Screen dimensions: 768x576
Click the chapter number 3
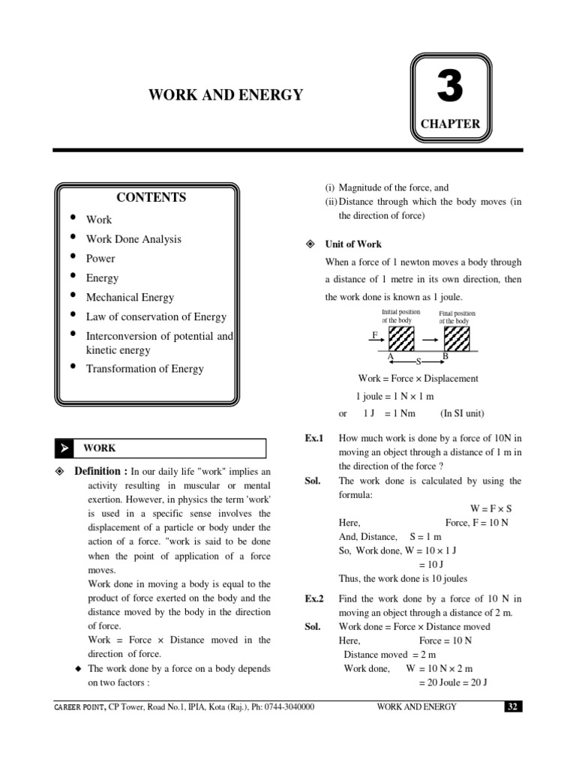click(450, 88)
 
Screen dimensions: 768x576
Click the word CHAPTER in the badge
click(450, 124)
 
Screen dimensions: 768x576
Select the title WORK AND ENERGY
click(226, 94)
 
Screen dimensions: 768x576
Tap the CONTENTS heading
click(151, 198)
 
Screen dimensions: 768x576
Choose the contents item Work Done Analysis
click(133, 239)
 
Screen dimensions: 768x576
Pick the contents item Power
click(100, 259)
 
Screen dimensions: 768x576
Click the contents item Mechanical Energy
click(130, 298)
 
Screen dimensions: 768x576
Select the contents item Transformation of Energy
click(145, 368)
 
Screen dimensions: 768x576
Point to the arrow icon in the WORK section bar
click(64, 448)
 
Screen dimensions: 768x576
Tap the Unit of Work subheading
click(352, 244)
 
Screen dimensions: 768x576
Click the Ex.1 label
click(313, 438)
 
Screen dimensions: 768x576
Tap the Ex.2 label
click(313, 599)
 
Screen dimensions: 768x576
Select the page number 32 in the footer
click(512, 707)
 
